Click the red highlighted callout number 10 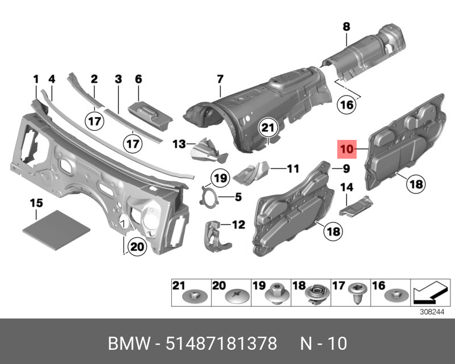pyautogui.click(x=347, y=150)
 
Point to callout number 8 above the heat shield pyautogui.click(x=346, y=26)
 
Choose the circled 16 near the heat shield pyautogui.click(x=346, y=104)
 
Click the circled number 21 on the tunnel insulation pyautogui.click(x=268, y=129)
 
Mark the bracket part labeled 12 pyautogui.click(x=215, y=234)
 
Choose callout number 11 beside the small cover pyautogui.click(x=292, y=168)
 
